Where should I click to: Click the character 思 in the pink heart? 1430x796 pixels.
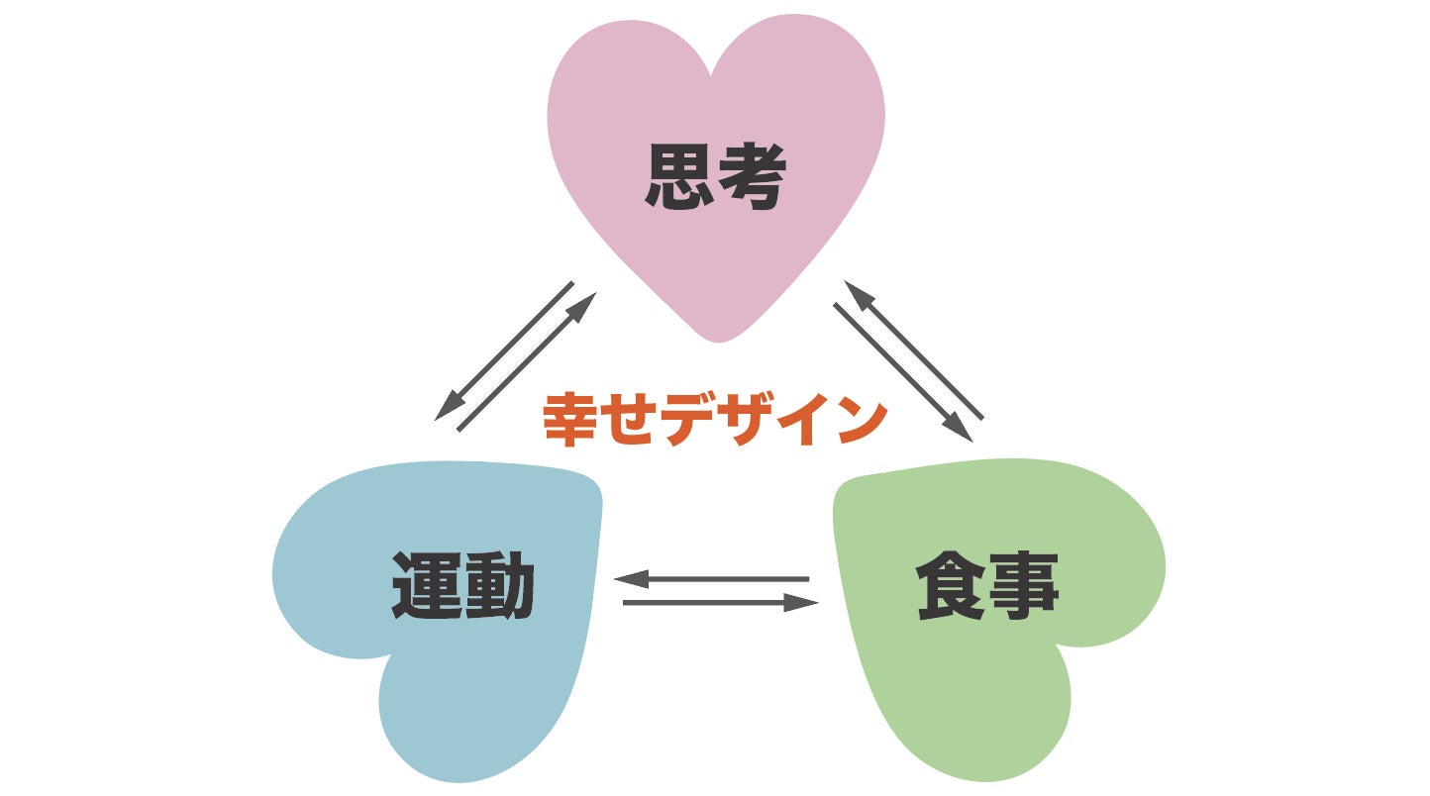[x=678, y=177]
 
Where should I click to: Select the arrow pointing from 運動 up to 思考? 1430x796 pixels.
[x=527, y=362]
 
